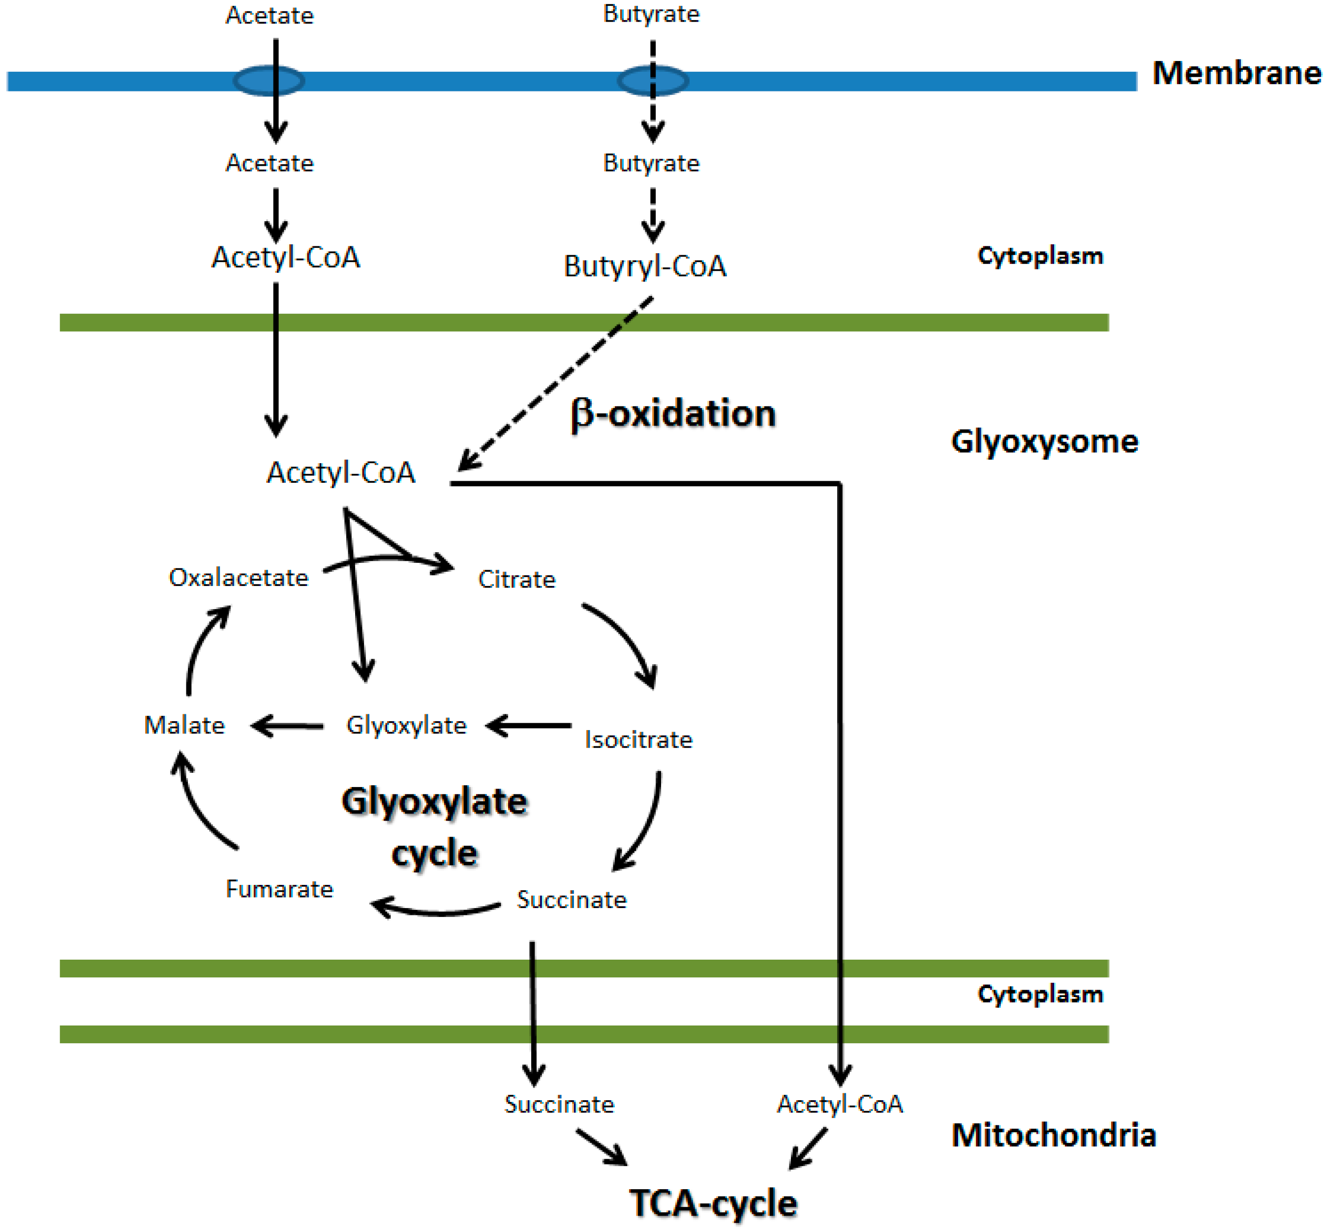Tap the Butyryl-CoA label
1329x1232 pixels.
coord(644,266)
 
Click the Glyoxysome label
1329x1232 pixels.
coord(1044,441)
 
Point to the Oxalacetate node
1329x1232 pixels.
coord(238,577)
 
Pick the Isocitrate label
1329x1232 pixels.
coord(637,739)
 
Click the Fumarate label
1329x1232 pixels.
coord(279,889)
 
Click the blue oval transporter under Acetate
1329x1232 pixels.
coord(268,81)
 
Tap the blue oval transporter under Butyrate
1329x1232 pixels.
coord(652,81)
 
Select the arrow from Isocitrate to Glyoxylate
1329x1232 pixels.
coord(528,725)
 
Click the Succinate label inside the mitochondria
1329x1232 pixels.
coord(558,1105)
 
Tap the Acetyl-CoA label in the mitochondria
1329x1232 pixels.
coord(839,1105)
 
